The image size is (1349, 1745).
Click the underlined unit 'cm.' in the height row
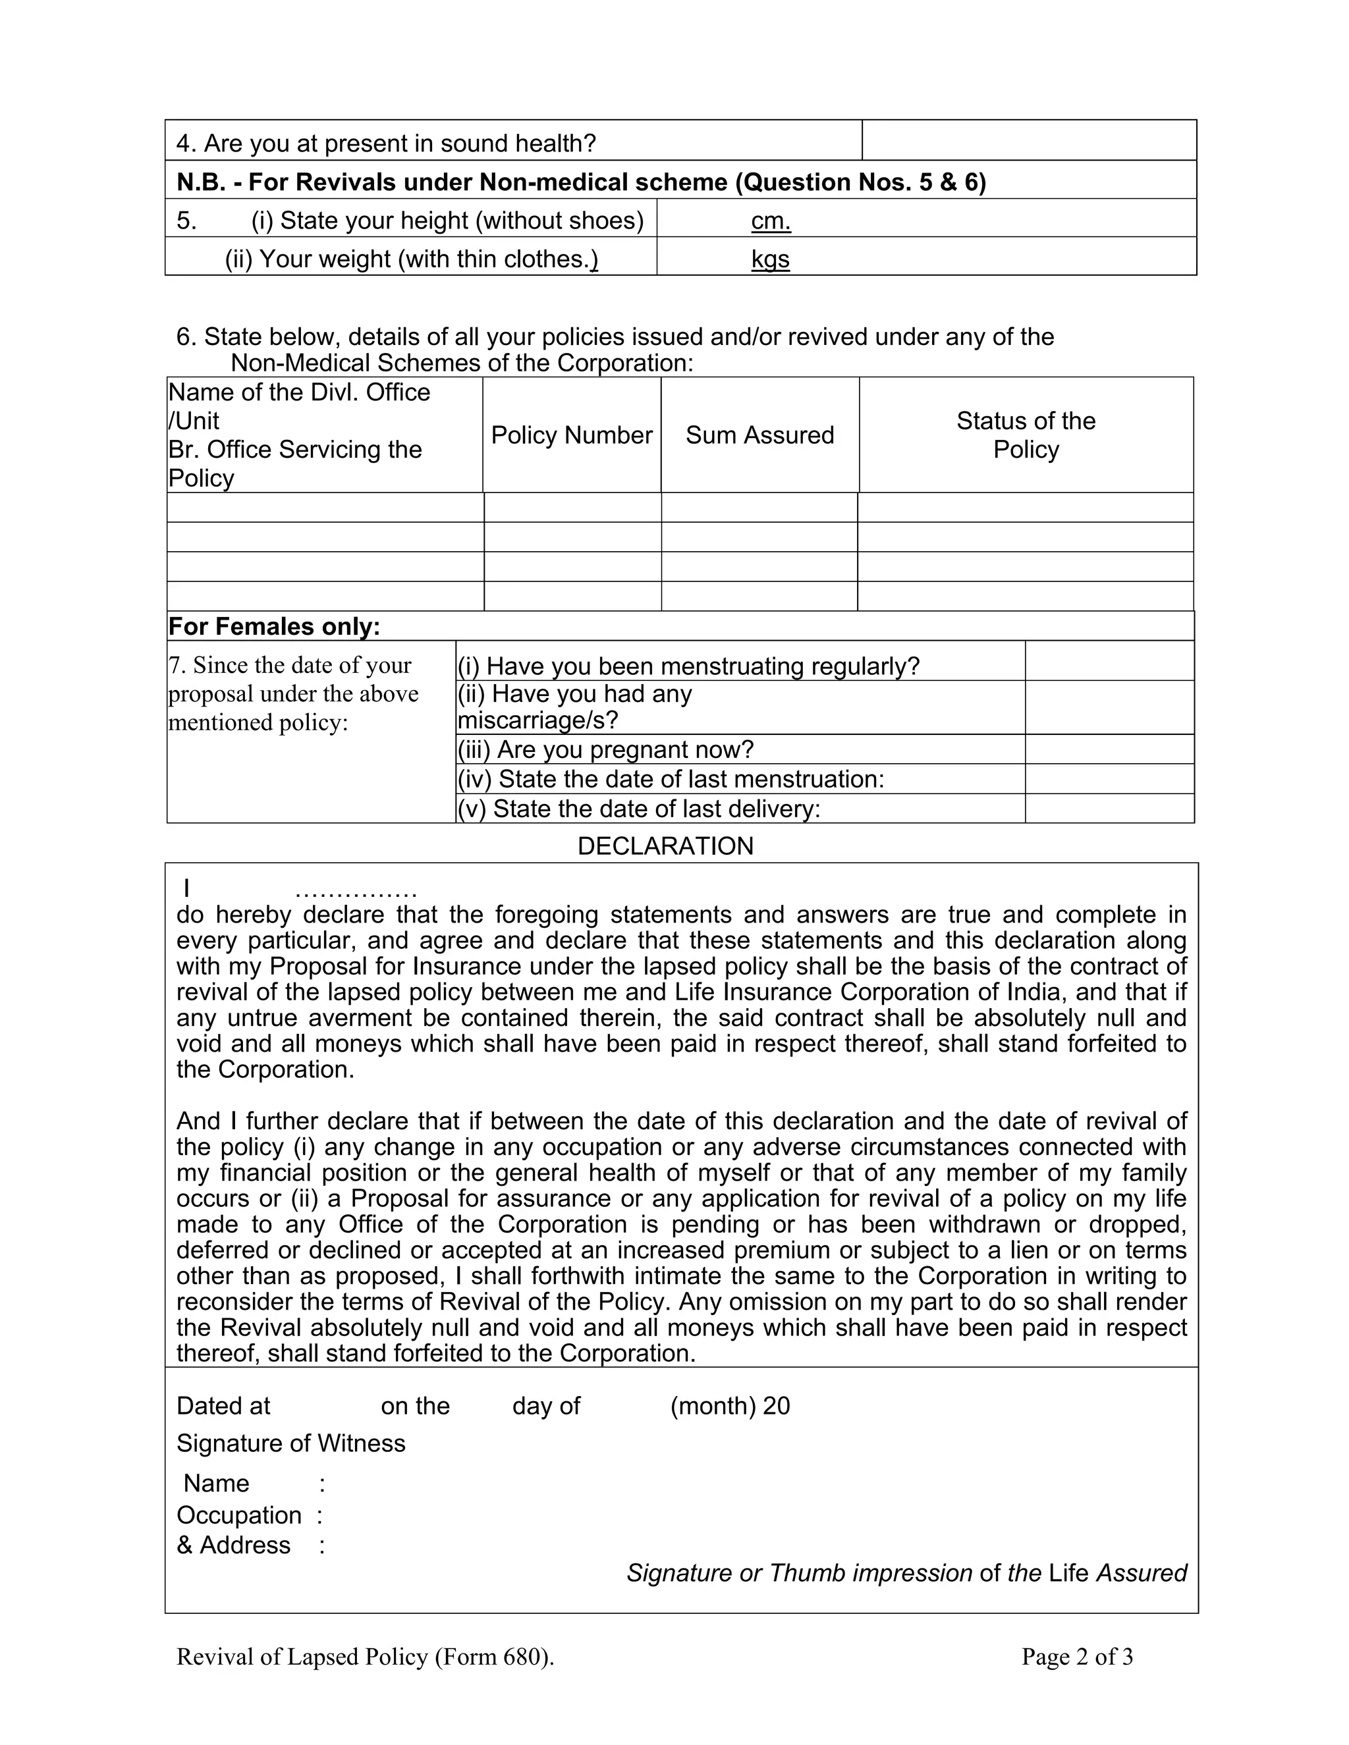[x=771, y=221]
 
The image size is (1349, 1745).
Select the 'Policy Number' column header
[x=571, y=435]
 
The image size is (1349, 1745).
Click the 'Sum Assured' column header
[x=759, y=435]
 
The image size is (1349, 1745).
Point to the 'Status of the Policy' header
[x=1026, y=435]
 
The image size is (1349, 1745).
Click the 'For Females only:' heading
[x=274, y=626]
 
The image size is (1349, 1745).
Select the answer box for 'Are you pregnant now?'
[x=1109, y=749]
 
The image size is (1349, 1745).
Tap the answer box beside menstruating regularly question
[x=1109, y=662]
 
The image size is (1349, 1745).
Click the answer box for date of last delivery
[x=1109, y=809]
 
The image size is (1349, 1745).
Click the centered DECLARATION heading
[x=665, y=846]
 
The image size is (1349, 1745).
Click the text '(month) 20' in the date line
[x=729, y=1407]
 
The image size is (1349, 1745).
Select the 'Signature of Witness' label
[x=291, y=1444]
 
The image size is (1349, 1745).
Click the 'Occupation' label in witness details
[x=239, y=1516]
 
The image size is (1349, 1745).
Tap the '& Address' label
[x=233, y=1546]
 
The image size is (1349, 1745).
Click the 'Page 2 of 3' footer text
[x=1076, y=1657]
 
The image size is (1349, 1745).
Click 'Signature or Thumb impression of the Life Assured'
[x=906, y=1573]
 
